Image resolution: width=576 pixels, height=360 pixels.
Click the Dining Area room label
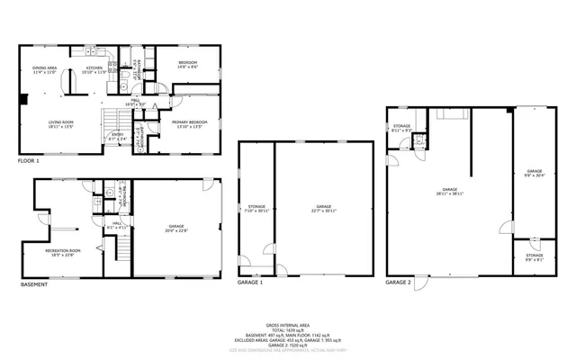pyautogui.click(x=46, y=69)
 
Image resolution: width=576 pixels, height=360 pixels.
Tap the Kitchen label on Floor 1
pyautogui.click(x=94, y=69)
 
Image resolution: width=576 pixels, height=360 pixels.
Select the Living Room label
pyautogui.click(x=61, y=124)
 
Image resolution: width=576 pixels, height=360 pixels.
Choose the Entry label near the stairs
pyautogui.click(x=118, y=137)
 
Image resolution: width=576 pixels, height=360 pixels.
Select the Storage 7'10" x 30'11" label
pyautogui.click(x=256, y=209)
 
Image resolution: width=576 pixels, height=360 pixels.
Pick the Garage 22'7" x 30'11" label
pyautogui.click(x=323, y=209)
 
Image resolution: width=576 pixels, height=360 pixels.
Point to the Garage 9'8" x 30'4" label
pyautogui.click(x=535, y=173)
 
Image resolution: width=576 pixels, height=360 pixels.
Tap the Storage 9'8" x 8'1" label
pyautogui.click(x=535, y=257)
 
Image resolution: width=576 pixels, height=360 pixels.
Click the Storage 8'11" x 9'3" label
pyautogui.click(x=401, y=128)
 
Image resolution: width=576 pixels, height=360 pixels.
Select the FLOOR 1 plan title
pyautogui.click(x=30, y=161)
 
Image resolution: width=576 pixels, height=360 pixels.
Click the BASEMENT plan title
pyautogui.click(x=34, y=285)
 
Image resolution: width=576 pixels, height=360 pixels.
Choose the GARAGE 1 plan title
pyautogui.click(x=250, y=283)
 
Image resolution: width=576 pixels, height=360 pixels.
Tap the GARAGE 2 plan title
pyautogui.click(x=399, y=283)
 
